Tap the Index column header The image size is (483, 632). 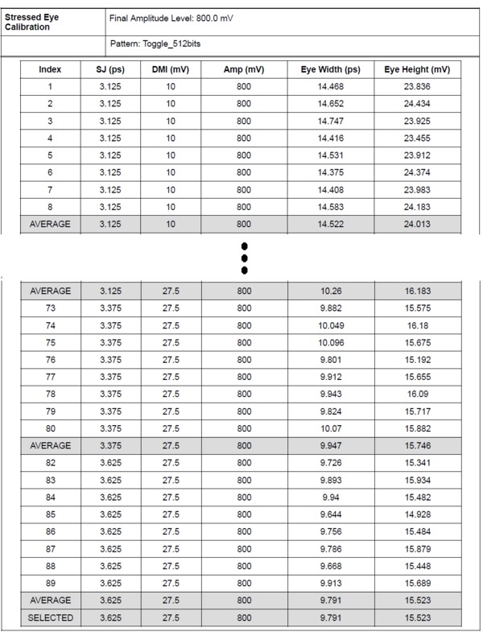pyautogui.click(x=50, y=70)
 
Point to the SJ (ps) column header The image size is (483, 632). pyautogui.click(x=110, y=70)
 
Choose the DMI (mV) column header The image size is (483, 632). pyautogui.click(x=171, y=70)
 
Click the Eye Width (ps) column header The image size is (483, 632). pyautogui.click(x=331, y=70)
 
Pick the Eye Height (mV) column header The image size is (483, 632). pyautogui.click(x=417, y=70)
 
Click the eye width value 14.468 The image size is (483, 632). pyautogui.click(x=331, y=87)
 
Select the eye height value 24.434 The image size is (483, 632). pyautogui.click(x=417, y=104)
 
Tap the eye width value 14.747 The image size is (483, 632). pyautogui.click(x=331, y=121)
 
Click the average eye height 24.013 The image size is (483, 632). pyautogui.click(x=417, y=224)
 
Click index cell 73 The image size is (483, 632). pyautogui.click(x=50, y=308)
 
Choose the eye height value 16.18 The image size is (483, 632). pyautogui.click(x=417, y=324)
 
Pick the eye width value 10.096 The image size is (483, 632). pyautogui.click(x=331, y=342)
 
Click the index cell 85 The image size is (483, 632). pyautogui.click(x=50, y=514)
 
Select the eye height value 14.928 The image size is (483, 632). pyautogui.click(x=417, y=514)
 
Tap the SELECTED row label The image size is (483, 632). pyautogui.click(x=50, y=618)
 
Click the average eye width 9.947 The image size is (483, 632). pyautogui.click(x=331, y=445)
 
